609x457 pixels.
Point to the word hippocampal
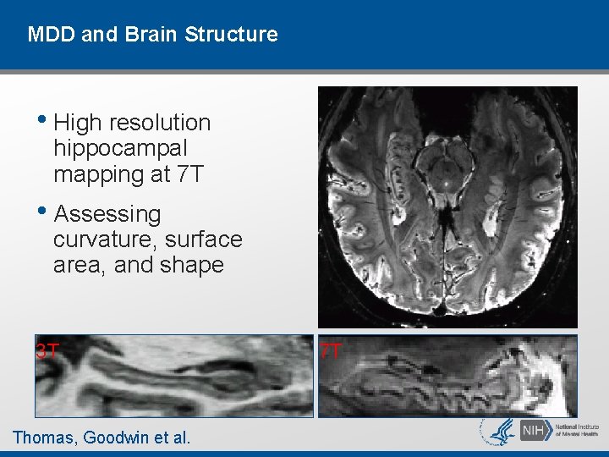coord(120,149)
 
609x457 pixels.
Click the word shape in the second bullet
coord(195,266)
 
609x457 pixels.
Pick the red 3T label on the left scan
coord(47,350)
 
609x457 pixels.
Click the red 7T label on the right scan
coord(331,350)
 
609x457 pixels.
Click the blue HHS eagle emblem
coord(497,431)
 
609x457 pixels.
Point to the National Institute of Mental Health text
coord(577,432)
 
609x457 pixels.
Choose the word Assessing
coord(107,215)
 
